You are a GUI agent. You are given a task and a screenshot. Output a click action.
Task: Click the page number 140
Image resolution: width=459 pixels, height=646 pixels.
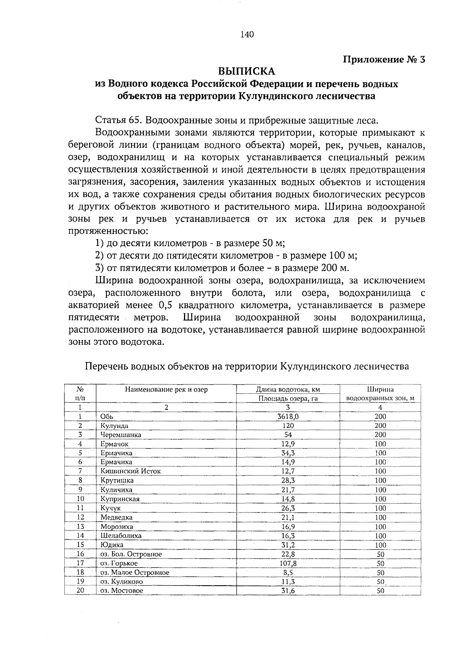click(247, 35)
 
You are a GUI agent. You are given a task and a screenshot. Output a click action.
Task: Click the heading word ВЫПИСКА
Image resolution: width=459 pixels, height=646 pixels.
click(246, 72)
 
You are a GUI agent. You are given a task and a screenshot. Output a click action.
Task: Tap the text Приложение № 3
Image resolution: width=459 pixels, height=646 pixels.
click(384, 60)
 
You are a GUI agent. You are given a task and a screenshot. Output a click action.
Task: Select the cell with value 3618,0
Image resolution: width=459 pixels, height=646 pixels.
click(288, 417)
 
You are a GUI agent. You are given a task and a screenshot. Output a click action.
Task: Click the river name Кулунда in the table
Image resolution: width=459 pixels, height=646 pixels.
click(114, 426)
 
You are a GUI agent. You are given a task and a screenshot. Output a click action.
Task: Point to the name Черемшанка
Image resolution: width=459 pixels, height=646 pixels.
click(120, 435)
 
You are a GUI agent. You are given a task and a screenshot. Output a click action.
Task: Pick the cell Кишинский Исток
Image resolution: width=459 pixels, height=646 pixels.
click(130, 472)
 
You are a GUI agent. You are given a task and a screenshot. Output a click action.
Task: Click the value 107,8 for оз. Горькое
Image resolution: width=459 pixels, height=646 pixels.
click(288, 563)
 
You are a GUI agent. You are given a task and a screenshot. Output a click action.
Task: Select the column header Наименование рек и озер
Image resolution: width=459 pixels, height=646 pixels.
click(166, 390)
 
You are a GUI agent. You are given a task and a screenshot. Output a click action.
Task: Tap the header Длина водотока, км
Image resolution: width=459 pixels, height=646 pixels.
click(288, 390)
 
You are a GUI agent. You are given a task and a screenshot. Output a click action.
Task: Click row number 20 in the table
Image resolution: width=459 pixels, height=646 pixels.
click(80, 591)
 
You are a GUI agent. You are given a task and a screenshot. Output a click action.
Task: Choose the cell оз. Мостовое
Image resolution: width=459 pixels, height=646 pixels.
click(122, 591)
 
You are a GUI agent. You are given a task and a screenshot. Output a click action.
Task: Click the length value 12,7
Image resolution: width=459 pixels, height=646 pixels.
click(288, 472)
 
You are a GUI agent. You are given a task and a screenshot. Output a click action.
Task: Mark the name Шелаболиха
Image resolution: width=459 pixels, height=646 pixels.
click(121, 536)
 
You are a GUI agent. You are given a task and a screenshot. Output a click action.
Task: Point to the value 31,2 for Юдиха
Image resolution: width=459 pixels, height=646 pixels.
click(288, 545)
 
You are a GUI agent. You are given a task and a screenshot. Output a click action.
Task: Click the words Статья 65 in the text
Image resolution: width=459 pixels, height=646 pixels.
click(116, 121)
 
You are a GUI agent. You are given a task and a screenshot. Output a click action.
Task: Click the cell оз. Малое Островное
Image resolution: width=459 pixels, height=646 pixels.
click(135, 573)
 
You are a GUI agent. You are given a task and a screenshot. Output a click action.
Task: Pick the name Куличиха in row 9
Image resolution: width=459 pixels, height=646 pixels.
click(116, 490)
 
